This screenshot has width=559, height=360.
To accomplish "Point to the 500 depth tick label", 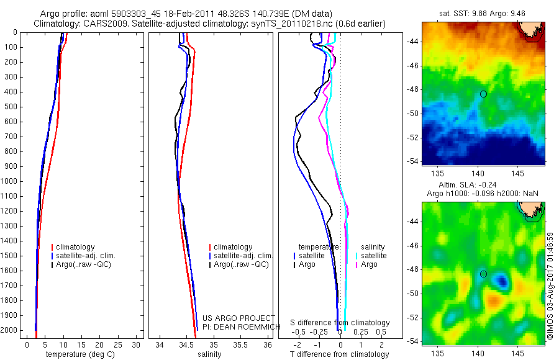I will click(x=11, y=107).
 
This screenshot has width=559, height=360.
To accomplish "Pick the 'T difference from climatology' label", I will click(x=339, y=354).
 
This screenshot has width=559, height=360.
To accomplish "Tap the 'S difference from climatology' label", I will click(x=340, y=323).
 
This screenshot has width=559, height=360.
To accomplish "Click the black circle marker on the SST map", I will click(x=483, y=94).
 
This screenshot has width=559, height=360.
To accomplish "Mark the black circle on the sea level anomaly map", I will click(x=483, y=274).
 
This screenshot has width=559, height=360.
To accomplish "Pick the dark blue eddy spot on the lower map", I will click(x=502, y=283).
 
